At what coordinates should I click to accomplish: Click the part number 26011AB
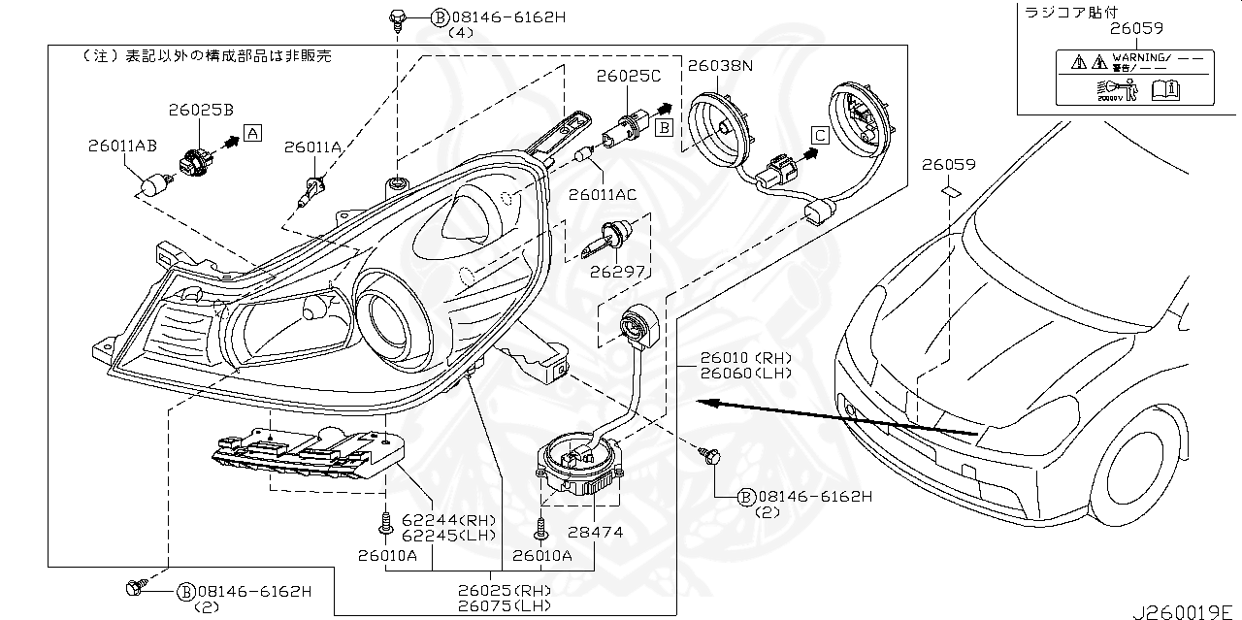(x=122, y=147)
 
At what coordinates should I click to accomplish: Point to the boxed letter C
(x=820, y=136)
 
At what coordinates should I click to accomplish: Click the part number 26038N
(x=721, y=66)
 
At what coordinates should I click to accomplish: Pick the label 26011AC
(x=603, y=195)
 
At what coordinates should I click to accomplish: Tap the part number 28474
(x=597, y=532)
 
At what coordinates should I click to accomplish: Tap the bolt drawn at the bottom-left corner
(x=135, y=586)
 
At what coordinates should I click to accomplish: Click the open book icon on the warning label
(x=1164, y=90)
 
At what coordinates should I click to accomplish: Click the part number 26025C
(x=628, y=75)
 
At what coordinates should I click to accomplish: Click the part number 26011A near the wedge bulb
(x=312, y=147)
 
